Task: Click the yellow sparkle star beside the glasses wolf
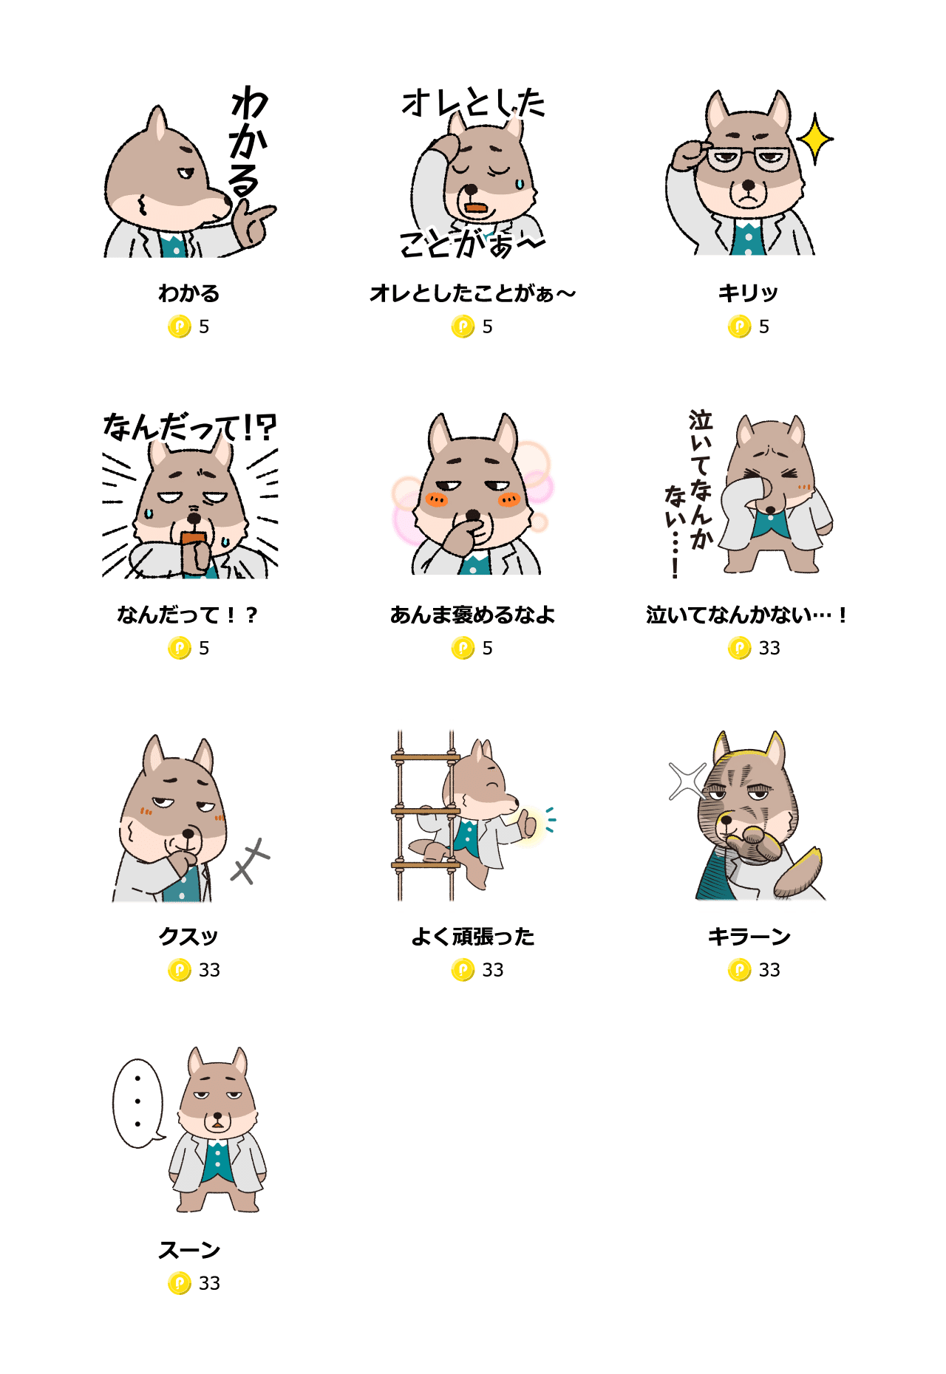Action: coord(815,138)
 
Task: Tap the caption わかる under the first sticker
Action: coord(189,293)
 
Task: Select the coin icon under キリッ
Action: coord(739,327)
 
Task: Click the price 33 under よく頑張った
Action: coord(493,970)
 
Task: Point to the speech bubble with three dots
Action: coord(137,1103)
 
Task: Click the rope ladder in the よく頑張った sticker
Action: coord(426,815)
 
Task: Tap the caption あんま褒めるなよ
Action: coord(473,615)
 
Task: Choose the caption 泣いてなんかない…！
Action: coord(746,615)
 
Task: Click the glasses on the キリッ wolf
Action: coord(748,158)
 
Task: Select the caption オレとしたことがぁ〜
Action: coord(473,293)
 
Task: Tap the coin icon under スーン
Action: coord(180,1283)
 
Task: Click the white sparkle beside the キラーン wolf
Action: coord(687,781)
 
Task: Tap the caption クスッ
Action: coord(189,937)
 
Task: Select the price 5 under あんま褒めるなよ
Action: coord(488,649)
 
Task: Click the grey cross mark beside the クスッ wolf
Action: coord(251,861)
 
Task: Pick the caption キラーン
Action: coord(749,937)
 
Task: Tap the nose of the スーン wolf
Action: coord(217,1114)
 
